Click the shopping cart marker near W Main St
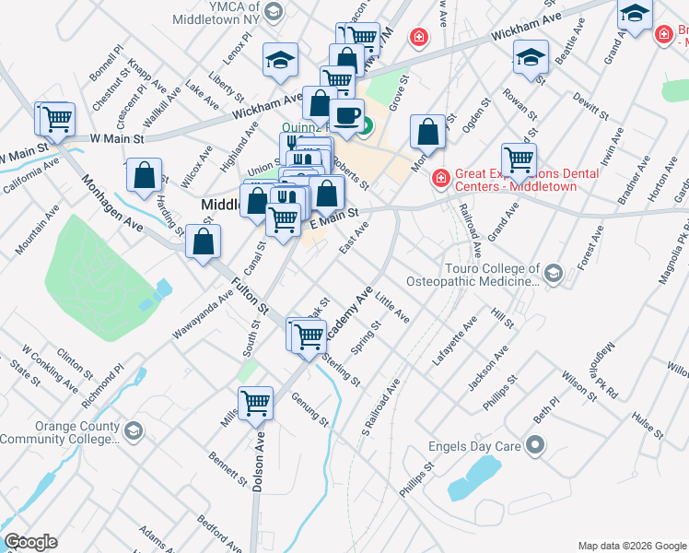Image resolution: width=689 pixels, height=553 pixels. (x=56, y=119)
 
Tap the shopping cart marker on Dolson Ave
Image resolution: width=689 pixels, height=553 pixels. (x=256, y=402)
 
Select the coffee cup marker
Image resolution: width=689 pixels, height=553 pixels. (x=346, y=116)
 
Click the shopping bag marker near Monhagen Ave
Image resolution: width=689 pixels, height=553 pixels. (x=145, y=176)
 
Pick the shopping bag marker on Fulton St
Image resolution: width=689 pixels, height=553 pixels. (x=203, y=242)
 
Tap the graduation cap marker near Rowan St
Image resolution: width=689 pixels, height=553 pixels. (x=530, y=57)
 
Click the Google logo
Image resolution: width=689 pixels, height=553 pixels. (x=30, y=542)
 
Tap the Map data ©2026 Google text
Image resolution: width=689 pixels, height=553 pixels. (x=632, y=546)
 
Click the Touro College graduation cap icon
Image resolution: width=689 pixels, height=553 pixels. (x=553, y=274)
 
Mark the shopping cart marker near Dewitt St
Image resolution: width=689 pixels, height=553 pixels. (x=519, y=159)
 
